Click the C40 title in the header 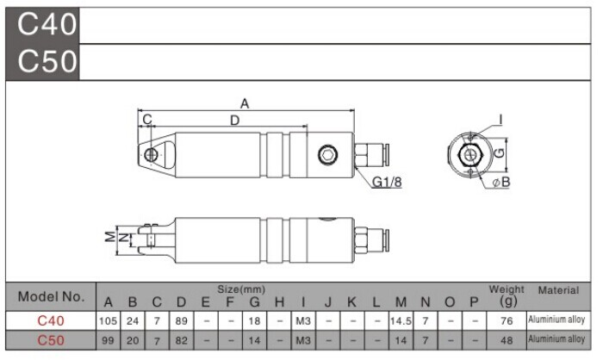[47, 24]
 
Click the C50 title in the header [47, 61]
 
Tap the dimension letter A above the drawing [245, 103]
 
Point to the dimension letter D [234, 121]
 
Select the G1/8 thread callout [387, 182]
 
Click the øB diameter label [501, 182]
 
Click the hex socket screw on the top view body [327, 155]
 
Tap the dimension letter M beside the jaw [110, 237]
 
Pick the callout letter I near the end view [500, 121]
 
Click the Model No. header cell [51, 296]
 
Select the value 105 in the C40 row [108, 320]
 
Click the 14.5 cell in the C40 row [401, 320]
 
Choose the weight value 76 [507, 320]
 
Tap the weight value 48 [507, 340]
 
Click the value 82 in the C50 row [181, 340]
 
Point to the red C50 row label [51, 340]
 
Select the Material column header [558, 290]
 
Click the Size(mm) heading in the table [241, 289]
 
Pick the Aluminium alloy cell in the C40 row [556, 320]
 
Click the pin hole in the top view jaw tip [151, 155]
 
